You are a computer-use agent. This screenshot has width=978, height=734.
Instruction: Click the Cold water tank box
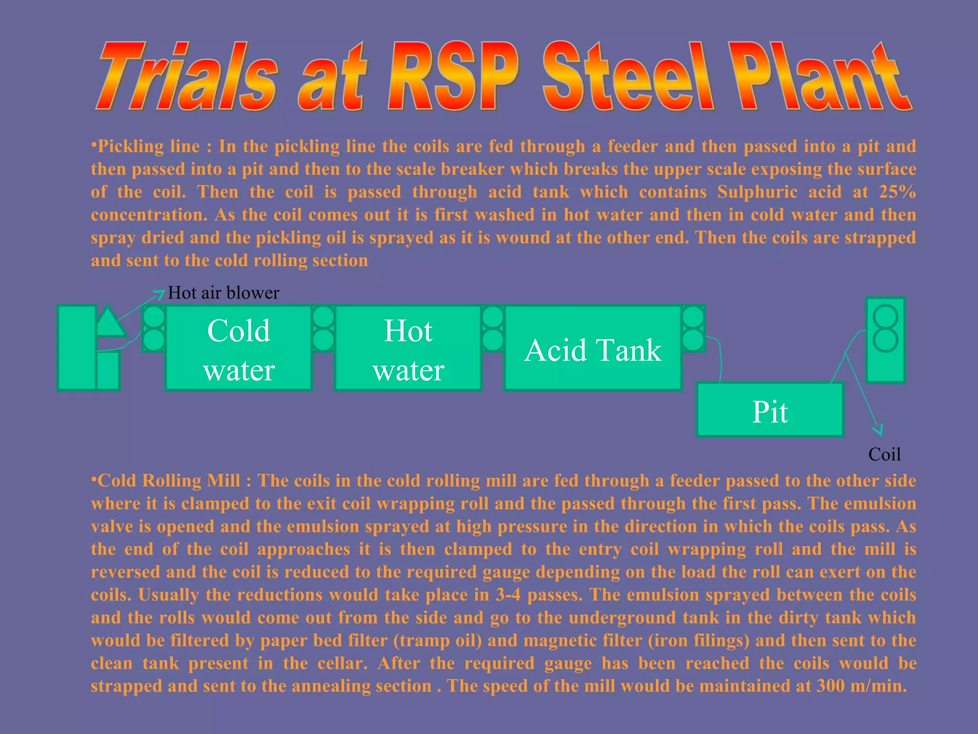tap(239, 348)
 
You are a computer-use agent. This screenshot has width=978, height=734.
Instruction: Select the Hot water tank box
tap(408, 348)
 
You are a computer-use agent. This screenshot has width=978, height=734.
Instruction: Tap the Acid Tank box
tap(593, 348)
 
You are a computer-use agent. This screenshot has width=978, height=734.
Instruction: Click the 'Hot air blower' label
tap(223, 293)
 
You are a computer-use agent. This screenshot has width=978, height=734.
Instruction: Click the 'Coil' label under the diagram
tap(884, 454)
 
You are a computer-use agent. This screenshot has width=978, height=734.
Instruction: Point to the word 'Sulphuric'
tap(757, 192)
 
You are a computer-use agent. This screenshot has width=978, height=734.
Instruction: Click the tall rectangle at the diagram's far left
tap(76, 348)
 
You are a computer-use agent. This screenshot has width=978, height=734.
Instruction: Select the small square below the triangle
tap(108, 371)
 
